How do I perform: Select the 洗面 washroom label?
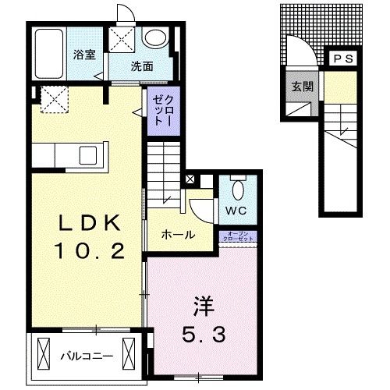[x=142, y=66]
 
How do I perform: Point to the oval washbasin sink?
[x=154, y=37]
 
